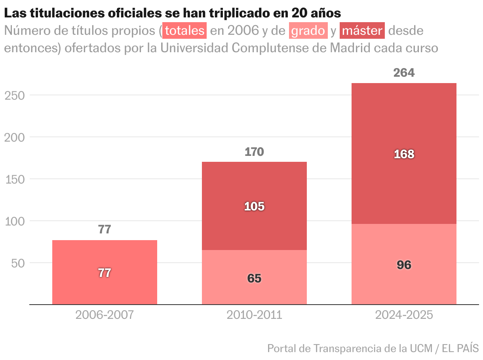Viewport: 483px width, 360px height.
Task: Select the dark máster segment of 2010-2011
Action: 254,186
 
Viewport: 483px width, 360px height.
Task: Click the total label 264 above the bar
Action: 404,73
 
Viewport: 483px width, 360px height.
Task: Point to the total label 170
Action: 254,152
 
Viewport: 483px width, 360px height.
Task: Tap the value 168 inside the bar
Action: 404,154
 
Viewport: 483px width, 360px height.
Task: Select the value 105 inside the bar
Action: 254,207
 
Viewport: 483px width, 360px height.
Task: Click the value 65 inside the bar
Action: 254,279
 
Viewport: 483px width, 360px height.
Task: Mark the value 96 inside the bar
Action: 404,265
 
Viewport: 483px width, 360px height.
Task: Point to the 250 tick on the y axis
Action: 15,95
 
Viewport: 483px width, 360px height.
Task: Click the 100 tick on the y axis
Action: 15,221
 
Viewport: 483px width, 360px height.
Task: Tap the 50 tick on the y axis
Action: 18,263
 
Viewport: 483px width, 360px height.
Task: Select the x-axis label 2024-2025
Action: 404,315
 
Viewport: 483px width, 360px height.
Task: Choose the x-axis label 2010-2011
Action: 254,315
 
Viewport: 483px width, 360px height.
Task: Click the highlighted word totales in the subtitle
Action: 184,31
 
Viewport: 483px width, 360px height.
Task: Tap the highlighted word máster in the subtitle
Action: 363,31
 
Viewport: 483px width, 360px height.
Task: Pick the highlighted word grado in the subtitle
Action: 308,31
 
